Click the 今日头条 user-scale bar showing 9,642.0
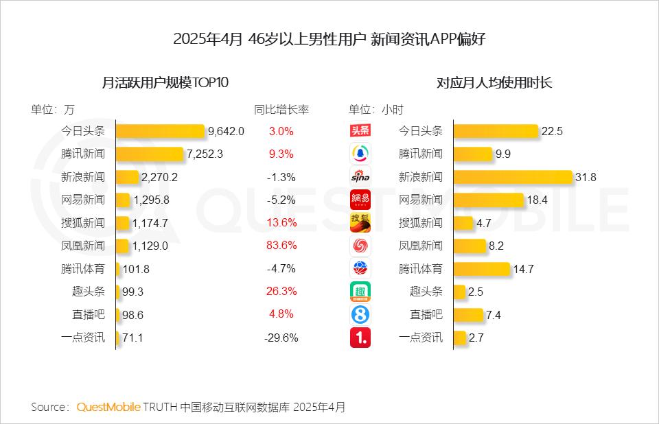(161, 131)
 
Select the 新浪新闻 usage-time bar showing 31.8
(513, 177)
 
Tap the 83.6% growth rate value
(281, 246)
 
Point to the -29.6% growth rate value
(281, 338)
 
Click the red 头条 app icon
(360, 131)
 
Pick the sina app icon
(360, 177)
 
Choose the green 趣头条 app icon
(360, 292)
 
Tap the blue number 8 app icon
(360, 314)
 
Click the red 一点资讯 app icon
(360, 338)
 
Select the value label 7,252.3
(205, 154)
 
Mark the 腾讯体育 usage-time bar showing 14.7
(481, 269)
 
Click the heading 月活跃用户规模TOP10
(165, 83)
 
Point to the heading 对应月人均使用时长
(494, 83)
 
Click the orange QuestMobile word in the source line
(108, 407)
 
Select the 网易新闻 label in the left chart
(83, 200)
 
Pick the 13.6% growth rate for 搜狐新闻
(281, 223)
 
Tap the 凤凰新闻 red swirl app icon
(360, 246)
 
